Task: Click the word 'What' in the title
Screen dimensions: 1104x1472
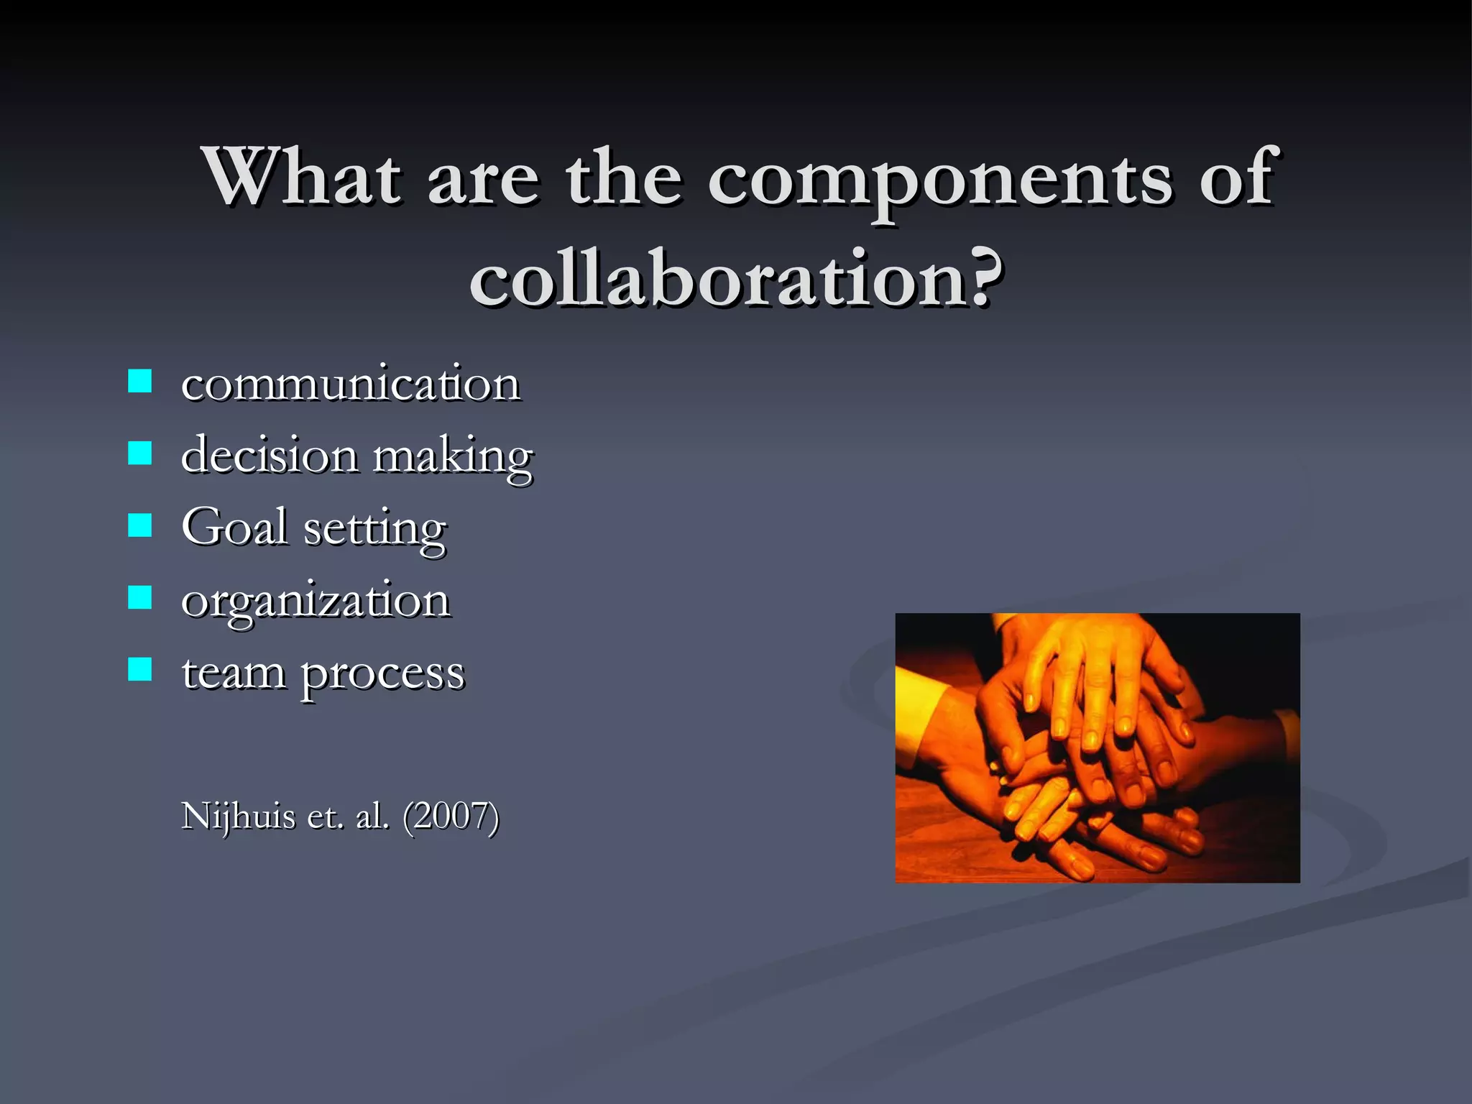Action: click(x=302, y=176)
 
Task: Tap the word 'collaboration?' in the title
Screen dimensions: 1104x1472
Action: click(x=736, y=279)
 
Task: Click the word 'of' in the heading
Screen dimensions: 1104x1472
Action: click(x=1237, y=176)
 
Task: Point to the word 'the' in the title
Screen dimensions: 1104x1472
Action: click(x=624, y=176)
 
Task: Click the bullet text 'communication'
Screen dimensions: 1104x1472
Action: click(x=350, y=384)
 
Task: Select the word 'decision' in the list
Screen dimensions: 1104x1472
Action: click(x=270, y=455)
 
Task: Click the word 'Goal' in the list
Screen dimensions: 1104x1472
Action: click(x=234, y=527)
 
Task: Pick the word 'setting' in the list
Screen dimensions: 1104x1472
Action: click(x=374, y=530)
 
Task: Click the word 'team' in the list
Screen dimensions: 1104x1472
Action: click(x=234, y=673)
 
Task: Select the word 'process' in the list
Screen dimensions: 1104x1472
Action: click(x=382, y=676)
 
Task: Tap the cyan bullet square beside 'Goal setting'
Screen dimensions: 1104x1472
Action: click(x=139, y=525)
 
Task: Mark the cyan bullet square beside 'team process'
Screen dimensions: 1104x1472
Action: click(x=139, y=669)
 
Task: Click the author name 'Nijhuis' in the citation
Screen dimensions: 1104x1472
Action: click(x=238, y=817)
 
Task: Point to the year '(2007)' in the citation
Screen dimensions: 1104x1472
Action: click(x=451, y=817)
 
